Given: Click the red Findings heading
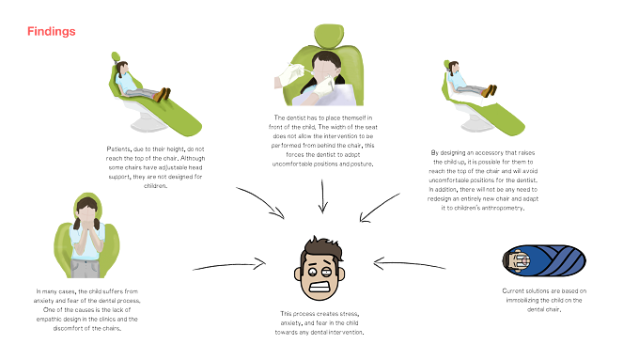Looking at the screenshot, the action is (x=52, y=31).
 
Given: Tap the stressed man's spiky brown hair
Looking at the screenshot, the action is (x=321, y=247).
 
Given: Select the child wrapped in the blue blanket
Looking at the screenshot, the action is (x=544, y=260).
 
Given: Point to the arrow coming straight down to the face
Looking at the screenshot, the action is (x=322, y=196).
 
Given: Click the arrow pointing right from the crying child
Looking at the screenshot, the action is (x=229, y=265).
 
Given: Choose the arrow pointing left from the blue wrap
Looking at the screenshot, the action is (x=409, y=264).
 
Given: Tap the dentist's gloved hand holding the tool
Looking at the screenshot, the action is (x=289, y=74).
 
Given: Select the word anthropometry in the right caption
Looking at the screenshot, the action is (x=502, y=208).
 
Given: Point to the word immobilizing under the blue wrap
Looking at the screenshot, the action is (x=523, y=300).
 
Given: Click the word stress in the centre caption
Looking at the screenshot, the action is (x=348, y=314).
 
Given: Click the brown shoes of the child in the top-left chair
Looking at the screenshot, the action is (x=162, y=95).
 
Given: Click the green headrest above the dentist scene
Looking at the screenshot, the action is (x=329, y=34).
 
